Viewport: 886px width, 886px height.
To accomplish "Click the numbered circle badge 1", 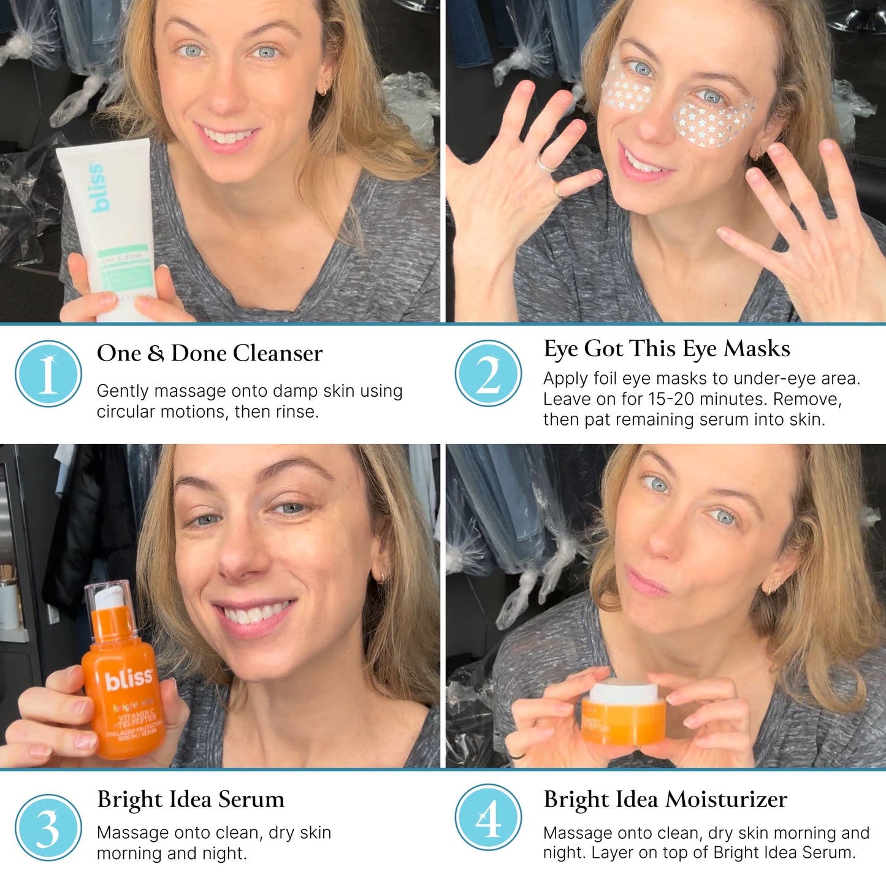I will [x=48, y=373].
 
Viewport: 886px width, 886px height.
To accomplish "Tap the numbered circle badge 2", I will [x=488, y=373].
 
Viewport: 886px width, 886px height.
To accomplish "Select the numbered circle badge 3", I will [x=48, y=827].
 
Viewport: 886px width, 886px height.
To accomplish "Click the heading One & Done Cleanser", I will [x=210, y=353].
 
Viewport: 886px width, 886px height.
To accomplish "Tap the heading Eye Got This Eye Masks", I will [x=666, y=348].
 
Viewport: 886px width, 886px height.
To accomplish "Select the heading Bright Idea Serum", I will [x=191, y=799].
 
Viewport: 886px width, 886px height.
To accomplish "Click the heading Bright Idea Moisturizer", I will [x=665, y=799].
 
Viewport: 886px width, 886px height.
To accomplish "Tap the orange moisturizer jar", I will [x=624, y=714].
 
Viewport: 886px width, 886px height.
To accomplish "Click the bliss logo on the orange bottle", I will [x=128, y=679].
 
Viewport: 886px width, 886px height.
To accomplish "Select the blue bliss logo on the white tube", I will [x=99, y=188].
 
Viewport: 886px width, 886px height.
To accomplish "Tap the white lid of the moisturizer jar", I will [x=623, y=691].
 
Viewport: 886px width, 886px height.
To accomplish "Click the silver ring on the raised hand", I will [x=544, y=164].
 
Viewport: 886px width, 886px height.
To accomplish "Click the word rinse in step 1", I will [x=297, y=411].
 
